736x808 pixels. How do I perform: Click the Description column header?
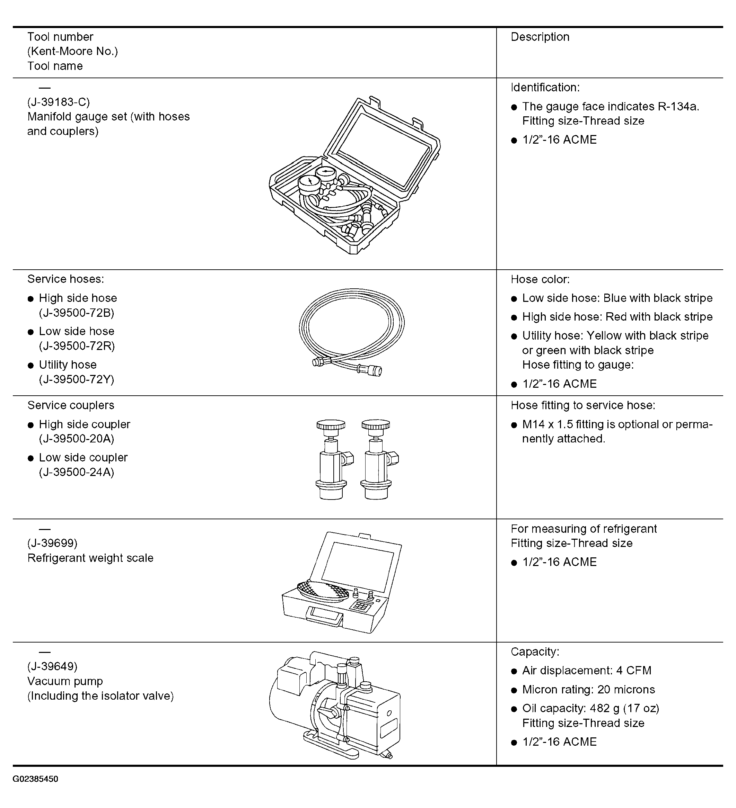tap(540, 37)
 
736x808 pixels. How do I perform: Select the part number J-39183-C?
tap(59, 102)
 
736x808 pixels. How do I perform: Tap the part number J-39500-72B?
tap(77, 313)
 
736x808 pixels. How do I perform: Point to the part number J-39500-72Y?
tap(77, 379)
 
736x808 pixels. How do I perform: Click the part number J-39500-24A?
tap(77, 472)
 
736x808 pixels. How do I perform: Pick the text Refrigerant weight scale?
tap(90, 558)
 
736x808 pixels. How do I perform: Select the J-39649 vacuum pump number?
tap(52, 666)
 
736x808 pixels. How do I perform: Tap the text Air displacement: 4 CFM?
tap(587, 671)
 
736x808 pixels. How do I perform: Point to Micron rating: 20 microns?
tap(588, 689)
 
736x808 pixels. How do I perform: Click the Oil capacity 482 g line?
tap(591, 708)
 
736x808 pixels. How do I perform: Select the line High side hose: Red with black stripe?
tap(617, 317)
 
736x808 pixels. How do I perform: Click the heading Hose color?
tap(540, 279)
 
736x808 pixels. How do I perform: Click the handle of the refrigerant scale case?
tap(324, 616)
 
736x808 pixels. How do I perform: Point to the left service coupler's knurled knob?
tap(331, 424)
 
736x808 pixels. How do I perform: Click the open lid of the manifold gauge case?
tap(382, 148)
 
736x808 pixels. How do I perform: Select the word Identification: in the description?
tap(545, 87)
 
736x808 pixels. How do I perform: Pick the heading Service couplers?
tap(71, 405)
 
